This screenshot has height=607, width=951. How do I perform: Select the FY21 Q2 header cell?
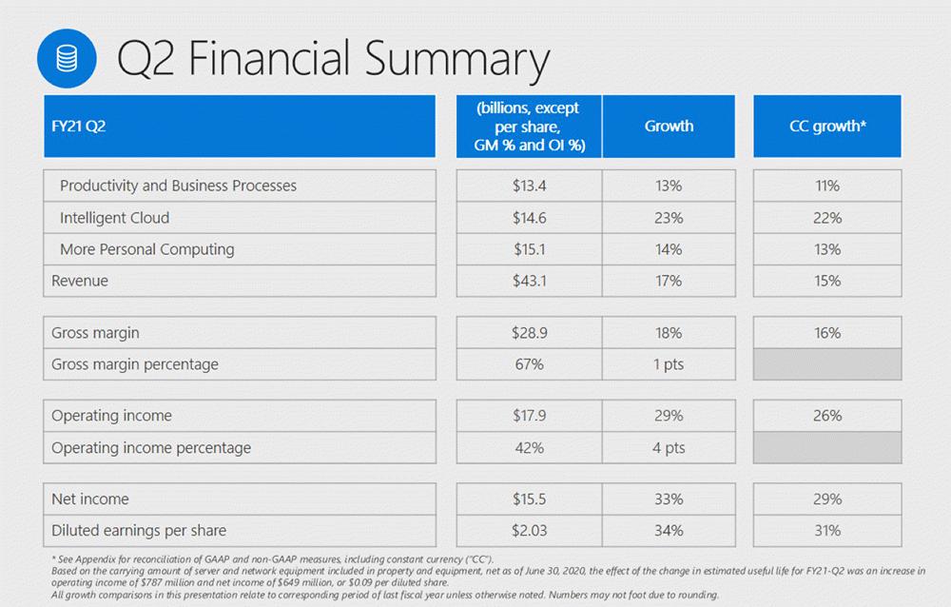click(x=239, y=126)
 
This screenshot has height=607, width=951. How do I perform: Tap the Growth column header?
click(x=669, y=126)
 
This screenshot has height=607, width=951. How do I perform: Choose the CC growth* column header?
click(x=827, y=126)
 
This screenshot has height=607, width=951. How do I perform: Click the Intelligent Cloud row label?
click(x=114, y=218)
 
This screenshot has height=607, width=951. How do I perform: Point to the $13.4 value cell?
click(x=529, y=186)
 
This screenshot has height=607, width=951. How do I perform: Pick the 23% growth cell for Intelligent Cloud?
click(x=669, y=218)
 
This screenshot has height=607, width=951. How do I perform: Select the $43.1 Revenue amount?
click(x=529, y=281)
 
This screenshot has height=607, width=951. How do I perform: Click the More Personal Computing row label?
click(x=146, y=249)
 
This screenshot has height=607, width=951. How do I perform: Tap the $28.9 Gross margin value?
click(x=529, y=333)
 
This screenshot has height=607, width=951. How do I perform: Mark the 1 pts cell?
click(x=669, y=364)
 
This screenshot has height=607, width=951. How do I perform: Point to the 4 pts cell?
click(x=669, y=447)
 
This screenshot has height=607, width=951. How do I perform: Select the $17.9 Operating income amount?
click(x=529, y=416)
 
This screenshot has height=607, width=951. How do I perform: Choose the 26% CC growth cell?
click(x=827, y=416)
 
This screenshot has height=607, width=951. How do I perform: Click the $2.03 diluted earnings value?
click(x=529, y=530)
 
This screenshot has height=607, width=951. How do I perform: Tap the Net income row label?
click(x=90, y=499)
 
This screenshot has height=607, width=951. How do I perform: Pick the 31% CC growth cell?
click(x=827, y=530)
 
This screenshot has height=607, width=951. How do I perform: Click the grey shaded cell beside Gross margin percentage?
click(x=827, y=364)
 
